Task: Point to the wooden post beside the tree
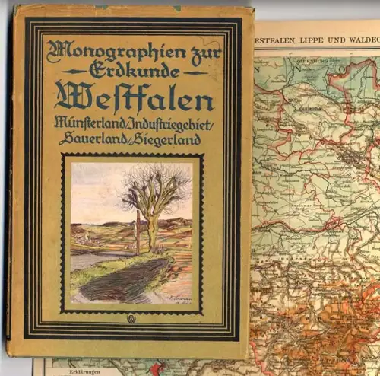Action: click(138, 231)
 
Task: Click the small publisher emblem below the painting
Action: click(132, 323)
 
